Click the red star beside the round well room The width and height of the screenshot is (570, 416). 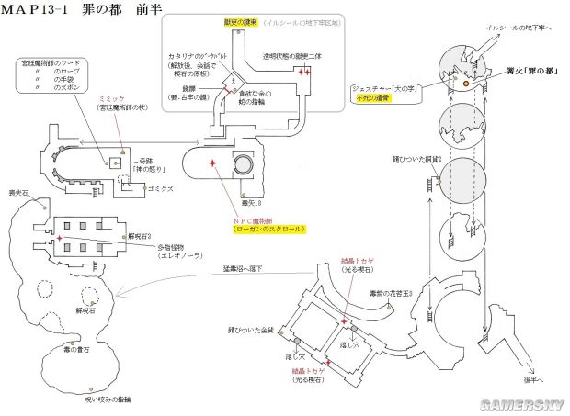[x=213, y=163]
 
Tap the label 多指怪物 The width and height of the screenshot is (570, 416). [x=144, y=248]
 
